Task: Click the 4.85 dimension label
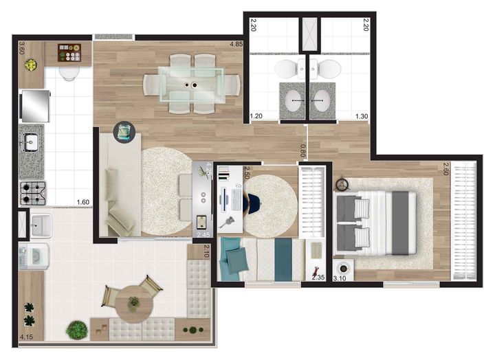tap(235, 47)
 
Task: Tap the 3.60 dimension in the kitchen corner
tap(22, 48)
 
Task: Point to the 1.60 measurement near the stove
tap(82, 201)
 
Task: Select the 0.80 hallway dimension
tap(303, 146)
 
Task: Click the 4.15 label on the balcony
tap(27, 337)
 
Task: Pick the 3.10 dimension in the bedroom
tap(339, 278)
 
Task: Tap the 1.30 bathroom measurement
tap(361, 117)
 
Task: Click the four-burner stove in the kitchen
tap(32, 193)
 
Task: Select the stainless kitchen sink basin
tap(31, 143)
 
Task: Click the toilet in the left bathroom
tap(285, 69)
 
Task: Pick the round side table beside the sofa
tap(124, 132)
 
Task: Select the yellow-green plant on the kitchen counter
tap(31, 66)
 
